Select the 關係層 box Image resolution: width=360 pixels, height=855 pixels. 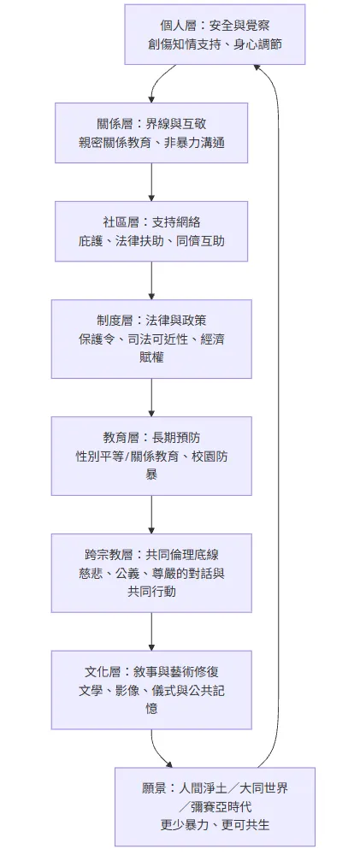click(151, 133)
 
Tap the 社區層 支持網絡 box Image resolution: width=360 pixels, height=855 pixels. click(151, 231)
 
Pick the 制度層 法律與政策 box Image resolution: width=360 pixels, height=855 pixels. click(151, 339)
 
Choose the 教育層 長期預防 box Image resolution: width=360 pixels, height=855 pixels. click(151, 456)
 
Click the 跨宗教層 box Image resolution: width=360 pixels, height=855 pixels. click(151, 572)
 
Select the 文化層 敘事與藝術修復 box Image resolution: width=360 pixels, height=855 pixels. click(151, 689)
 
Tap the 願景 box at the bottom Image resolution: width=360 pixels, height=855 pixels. click(215, 806)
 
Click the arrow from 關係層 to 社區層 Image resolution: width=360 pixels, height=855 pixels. click(151, 181)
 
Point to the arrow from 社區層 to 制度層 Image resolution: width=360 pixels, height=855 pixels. click(151, 280)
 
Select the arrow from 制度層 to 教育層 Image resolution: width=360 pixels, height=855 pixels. click(151, 397)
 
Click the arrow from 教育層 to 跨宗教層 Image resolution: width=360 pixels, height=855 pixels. click(151, 514)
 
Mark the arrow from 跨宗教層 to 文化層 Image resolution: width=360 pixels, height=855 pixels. click(151, 631)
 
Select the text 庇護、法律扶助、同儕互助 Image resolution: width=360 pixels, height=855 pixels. click(151, 241)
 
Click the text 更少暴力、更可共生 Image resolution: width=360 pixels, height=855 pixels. click(215, 825)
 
